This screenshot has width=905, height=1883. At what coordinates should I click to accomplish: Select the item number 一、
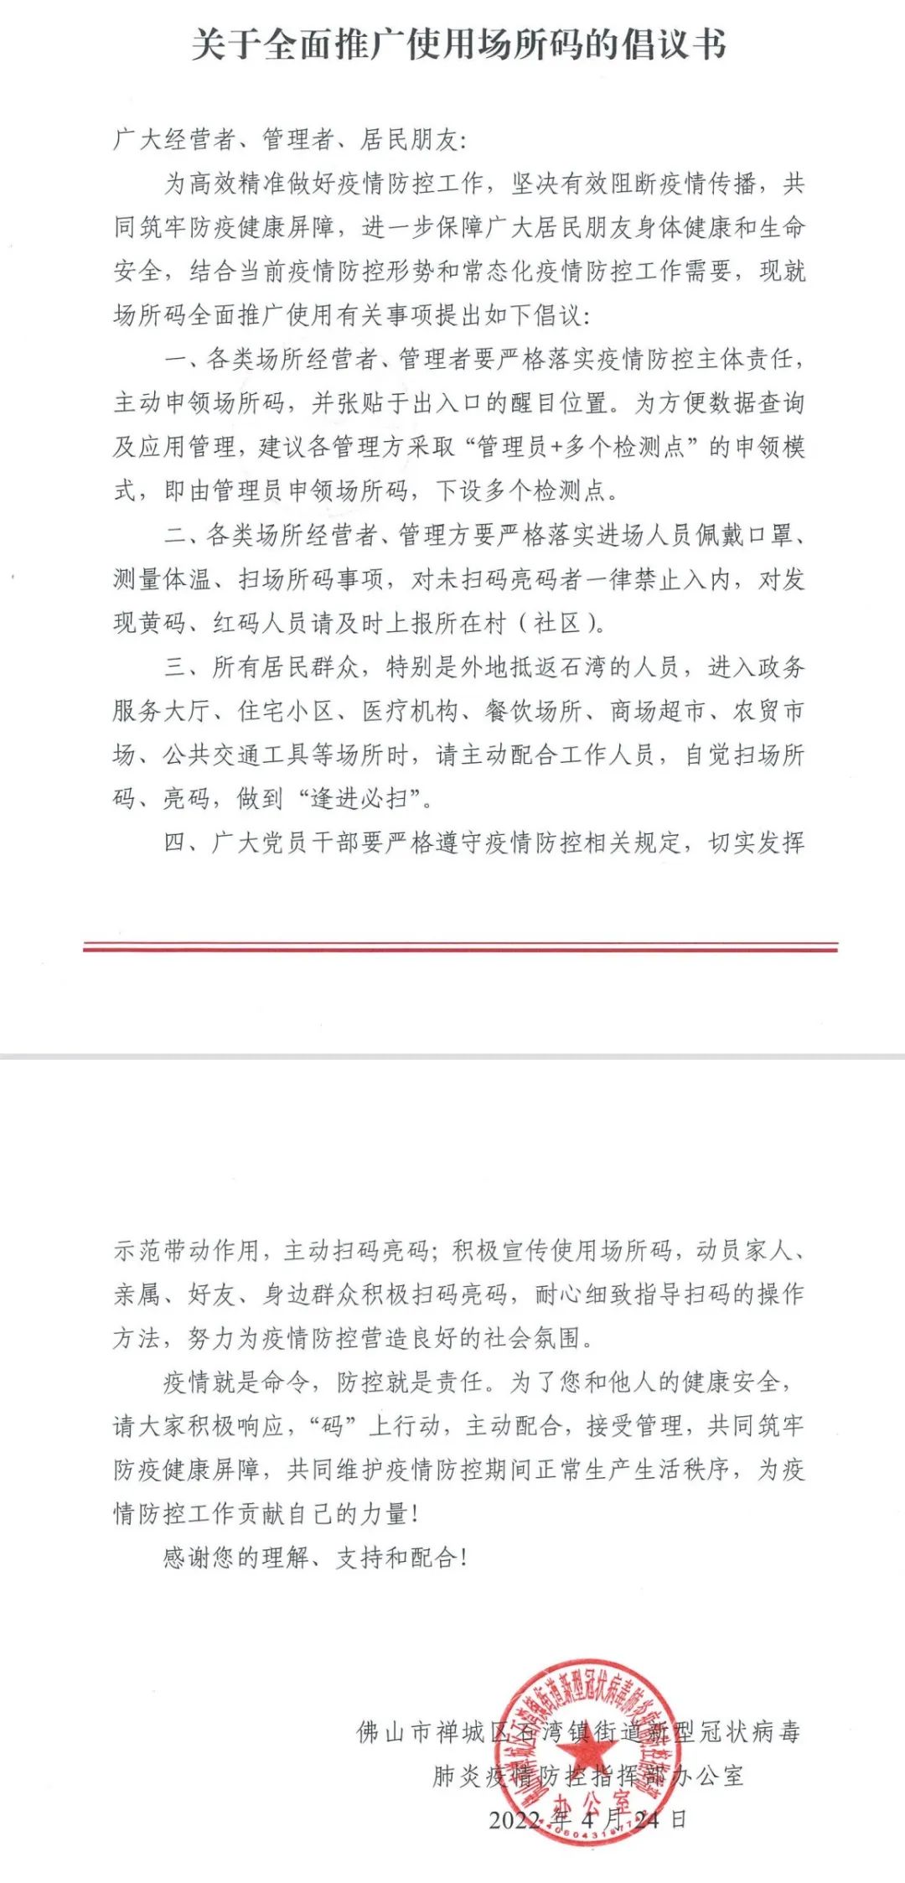(184, 360)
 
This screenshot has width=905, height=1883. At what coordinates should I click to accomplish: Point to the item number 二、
(184, 535)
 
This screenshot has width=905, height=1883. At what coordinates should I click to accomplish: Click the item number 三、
(185, 667)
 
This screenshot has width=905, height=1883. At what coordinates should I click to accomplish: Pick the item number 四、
(185, 842)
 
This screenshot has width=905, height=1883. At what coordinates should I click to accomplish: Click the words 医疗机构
(411, 711)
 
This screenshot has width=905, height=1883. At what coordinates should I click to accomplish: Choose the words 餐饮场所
(534, 711)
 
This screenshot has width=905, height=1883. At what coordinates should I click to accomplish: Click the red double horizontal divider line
(460, 947)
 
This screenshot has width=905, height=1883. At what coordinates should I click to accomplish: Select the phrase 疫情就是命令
(235, 1382)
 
